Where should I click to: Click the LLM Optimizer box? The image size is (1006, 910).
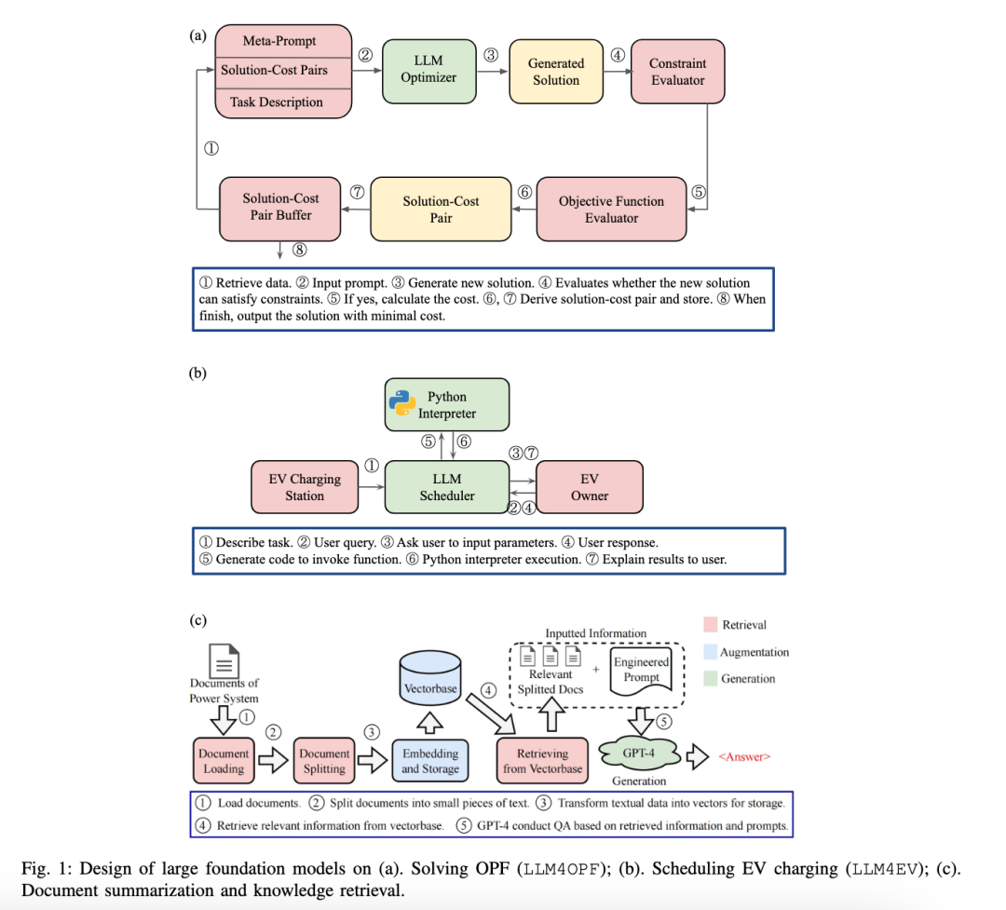click(x=428, y=71)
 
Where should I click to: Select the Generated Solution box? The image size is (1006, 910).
click(x=556, y=72)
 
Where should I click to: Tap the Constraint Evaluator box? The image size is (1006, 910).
click(x=677, y=72)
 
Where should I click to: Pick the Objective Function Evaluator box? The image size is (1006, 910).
click(x=611, y=209)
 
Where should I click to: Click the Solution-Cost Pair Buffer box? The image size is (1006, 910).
click(x=280, y=206)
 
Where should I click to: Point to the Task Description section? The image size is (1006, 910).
click(x=283, y=102)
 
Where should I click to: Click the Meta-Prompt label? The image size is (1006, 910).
click(x=279, y=41)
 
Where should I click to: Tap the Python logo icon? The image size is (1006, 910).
click(x=402, y=403)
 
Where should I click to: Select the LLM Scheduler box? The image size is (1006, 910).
click(x=447, y=487)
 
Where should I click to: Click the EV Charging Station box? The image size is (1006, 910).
click(x=305, y=487)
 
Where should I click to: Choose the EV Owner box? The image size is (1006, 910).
click(x=590, y=487)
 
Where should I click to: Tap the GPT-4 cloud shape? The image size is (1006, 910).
click(x=638, y=753)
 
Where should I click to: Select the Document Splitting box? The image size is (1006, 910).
click(x=324, y=760)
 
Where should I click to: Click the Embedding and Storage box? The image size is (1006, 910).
click(x=429, y=760)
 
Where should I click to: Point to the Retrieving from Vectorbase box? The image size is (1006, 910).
click(x=543, y=760)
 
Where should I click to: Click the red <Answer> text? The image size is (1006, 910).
click(x=744, y=756)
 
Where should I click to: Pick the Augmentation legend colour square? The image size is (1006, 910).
click(x=710, y=652)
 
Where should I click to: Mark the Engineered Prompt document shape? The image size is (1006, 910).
click(x=641, y=669)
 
